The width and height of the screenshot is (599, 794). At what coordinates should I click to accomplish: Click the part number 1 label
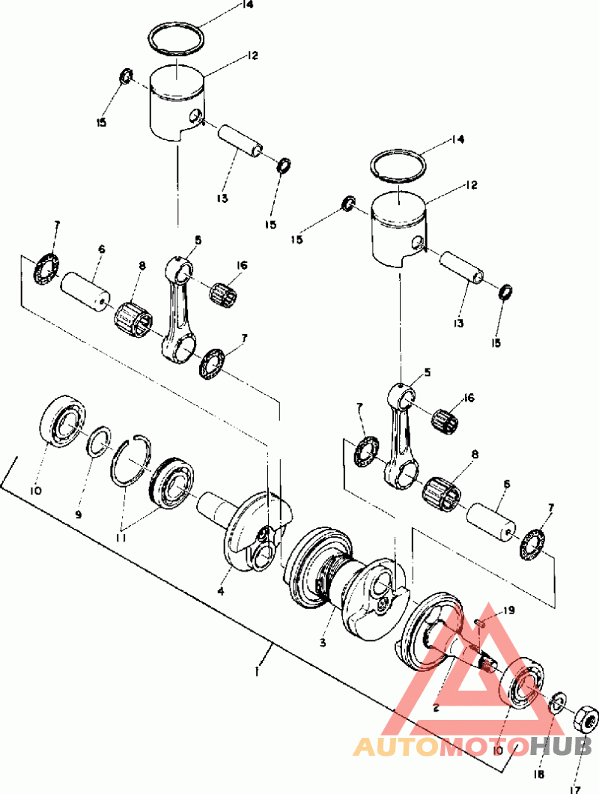point(258,672)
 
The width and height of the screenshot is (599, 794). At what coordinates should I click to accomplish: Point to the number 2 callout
point(436,708)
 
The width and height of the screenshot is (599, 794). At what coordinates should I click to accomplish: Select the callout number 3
point(323,643)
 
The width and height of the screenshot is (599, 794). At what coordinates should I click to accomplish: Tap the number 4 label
point(221,590)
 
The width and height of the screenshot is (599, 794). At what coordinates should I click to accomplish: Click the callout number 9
point(79,515)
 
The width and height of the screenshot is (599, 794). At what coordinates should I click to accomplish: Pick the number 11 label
point(121,538)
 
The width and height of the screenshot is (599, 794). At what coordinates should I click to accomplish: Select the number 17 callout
point(574,789)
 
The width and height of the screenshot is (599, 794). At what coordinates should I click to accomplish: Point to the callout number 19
point(508,610)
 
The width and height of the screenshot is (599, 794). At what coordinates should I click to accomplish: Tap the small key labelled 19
point(481,623)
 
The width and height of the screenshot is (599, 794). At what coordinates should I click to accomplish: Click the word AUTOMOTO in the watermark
point(440,746)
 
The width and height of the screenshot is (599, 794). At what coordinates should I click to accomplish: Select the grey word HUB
point(561,746)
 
